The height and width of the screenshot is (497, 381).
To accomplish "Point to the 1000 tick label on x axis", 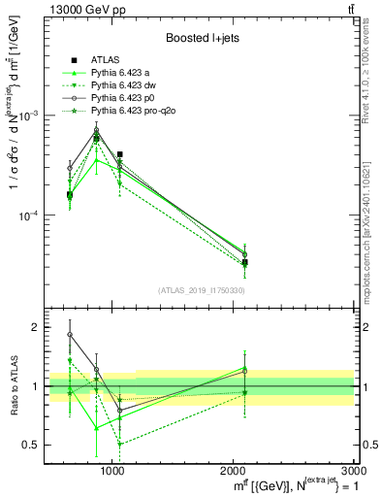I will pyautogui.click(x=113, y=470).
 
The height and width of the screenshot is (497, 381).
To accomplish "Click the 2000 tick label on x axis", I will pyautogui.click(x=234, y=470).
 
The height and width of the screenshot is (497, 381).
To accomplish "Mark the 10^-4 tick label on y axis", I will pyautogui.click(x=33, y=215).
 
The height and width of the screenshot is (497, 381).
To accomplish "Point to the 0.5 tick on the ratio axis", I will pyautogui.click(x=33, y=445).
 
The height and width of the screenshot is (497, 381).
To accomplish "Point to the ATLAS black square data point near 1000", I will pyautogui.click(x=120, y=154).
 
